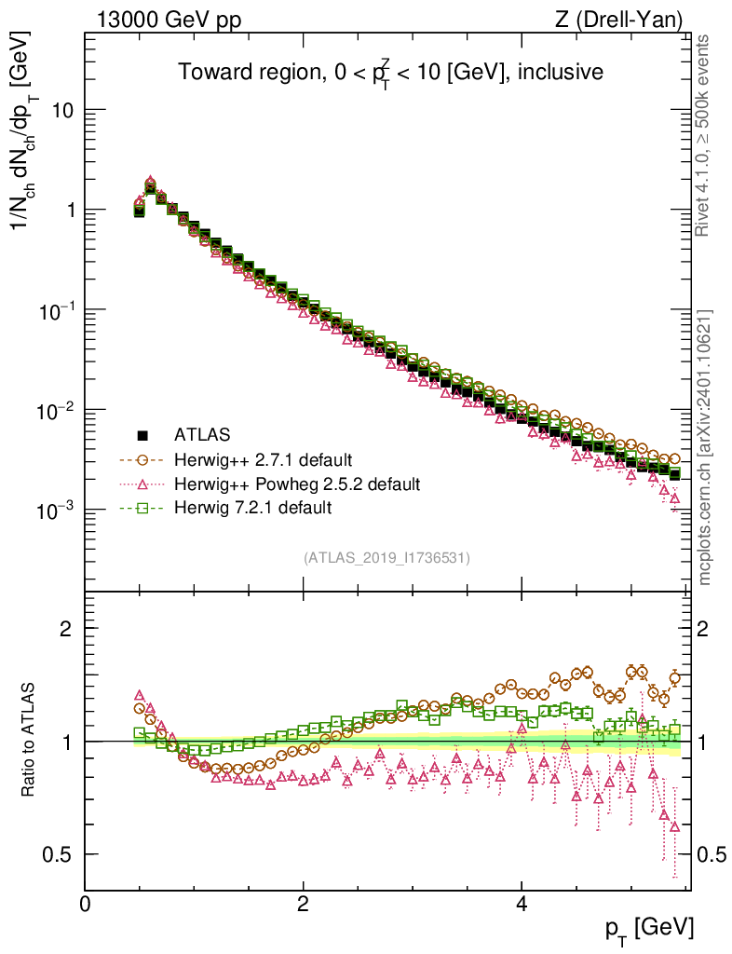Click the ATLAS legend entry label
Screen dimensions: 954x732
[x=201, y=434]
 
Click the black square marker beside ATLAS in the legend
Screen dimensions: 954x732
[x=143, y=435]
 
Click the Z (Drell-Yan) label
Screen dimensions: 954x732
[x=619, y=19]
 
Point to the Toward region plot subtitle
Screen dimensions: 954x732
[x=392, y=73]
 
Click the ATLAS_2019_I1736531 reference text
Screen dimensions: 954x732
[x=386, y=558]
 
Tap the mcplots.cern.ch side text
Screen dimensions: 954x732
[x=705, y=447]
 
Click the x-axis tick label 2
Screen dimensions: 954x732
[x=304, y=905]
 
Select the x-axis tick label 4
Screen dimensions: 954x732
[x=522, y=905]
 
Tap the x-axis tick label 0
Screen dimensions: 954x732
[x=86, y=905]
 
